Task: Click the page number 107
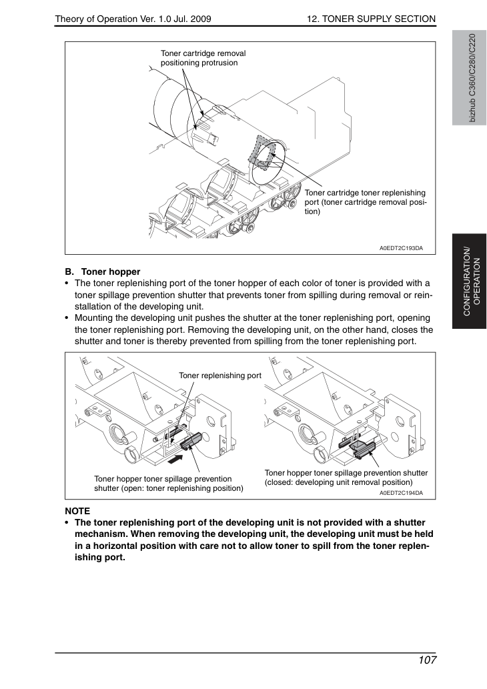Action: pyautogui.click(x=427, y=660)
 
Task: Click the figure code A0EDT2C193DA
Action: pyautogui.click(x=401, y=248)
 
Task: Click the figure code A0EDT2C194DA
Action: pyautogui.click(x=401, y=493)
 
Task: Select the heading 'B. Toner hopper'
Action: pyautogui.click(x=103, y=271)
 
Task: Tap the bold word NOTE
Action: pyautogui.click(x=77, y=511)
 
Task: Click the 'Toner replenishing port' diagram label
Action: pyautogui.click(x=219, y=376)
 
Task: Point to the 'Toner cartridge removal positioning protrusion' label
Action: pyautogui.click(x=203, y=58)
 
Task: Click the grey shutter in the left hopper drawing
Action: pyautogui.click(x=190, y=441)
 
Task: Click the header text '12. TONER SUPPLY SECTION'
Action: pyautogui.click(x=372, y=19)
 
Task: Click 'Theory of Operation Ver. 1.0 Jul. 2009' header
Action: pyautogui.click(x=133, y=19)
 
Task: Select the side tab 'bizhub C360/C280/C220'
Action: pyautogui.click(x=471, y=78)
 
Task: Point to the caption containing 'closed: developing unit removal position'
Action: pyautogui.click(x=346, y=478)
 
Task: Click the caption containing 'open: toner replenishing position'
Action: pyautogui.click(x=169, y=484)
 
